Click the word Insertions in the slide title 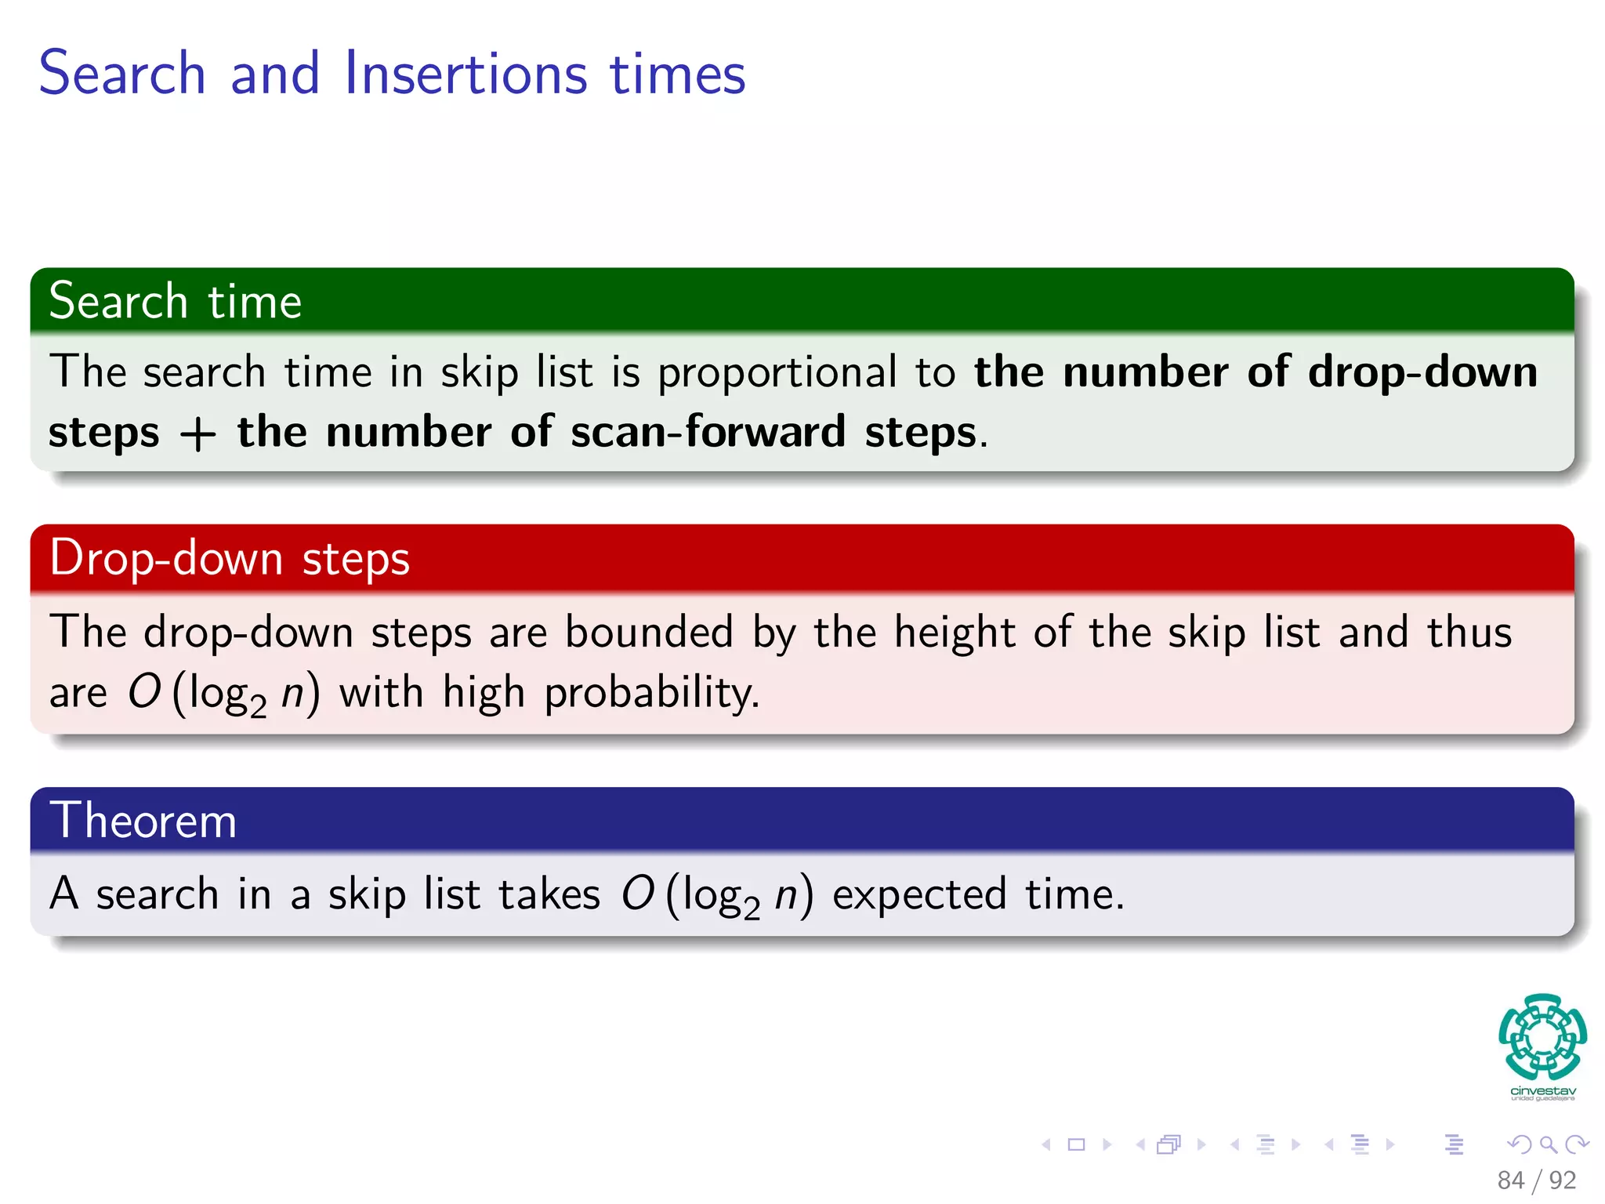466,73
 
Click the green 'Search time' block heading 175,302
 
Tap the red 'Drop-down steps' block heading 229,558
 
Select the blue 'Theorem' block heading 143,821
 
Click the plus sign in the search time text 197,433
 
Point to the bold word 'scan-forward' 708,432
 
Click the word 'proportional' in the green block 777,372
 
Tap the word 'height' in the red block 955,633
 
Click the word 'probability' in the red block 651,693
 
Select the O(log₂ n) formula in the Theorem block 716,894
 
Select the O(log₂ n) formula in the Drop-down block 223,693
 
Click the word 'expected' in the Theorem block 918,894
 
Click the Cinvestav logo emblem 1542,1037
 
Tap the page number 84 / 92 1536,1180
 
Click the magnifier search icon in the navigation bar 1548,1144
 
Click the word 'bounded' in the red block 649,633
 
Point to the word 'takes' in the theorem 549,894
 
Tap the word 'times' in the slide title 677,73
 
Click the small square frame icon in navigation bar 1076,1144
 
